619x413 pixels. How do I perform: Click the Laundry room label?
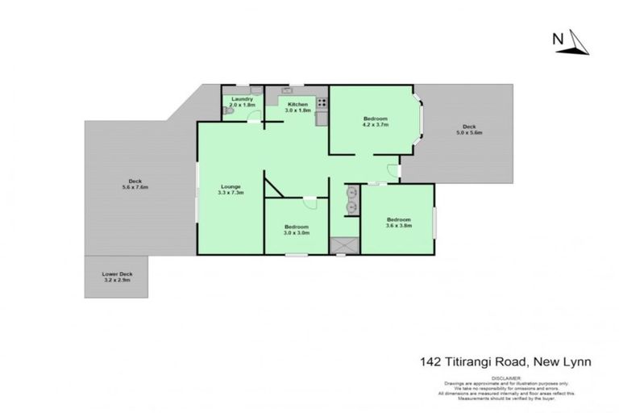coord(242,99)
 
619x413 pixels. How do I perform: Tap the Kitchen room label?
coord(298,105)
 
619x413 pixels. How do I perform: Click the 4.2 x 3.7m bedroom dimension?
coord(376,126)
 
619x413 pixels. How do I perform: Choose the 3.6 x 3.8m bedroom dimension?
coord(398,226)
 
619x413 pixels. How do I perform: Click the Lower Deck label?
coord(117,274)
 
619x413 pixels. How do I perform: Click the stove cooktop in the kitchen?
coord(322,103)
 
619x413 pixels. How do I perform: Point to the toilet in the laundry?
coord(228,114)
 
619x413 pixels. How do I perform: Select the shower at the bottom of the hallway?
coord(344,244)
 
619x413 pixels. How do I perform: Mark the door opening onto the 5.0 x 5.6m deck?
coord(393,171)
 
